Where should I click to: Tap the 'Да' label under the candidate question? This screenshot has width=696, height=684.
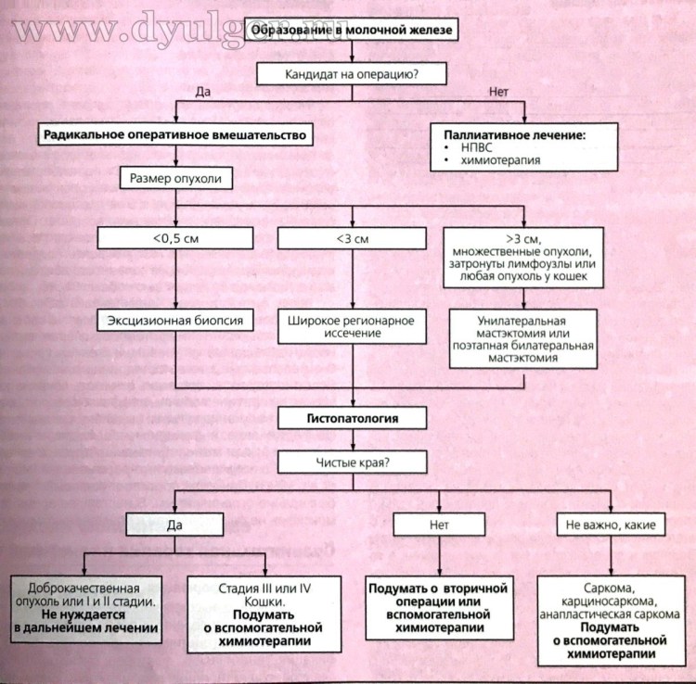tap(205, 91)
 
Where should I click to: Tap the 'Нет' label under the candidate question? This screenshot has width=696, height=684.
tap(497, 91)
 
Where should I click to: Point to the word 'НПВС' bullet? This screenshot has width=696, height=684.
tap(473, 147)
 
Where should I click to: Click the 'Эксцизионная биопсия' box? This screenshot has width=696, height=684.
tap(175, 322)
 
